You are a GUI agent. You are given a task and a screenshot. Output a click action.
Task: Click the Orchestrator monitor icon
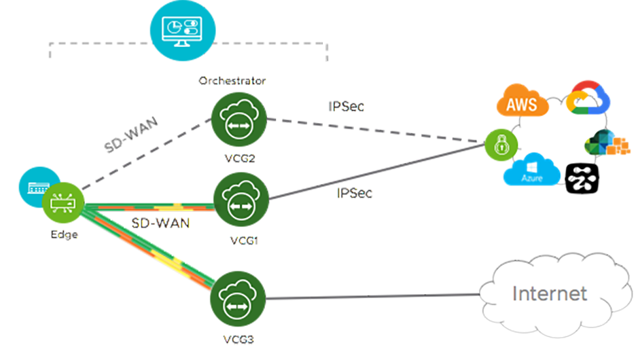[183, 31]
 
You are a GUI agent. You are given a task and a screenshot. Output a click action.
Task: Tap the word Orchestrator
[232, 81]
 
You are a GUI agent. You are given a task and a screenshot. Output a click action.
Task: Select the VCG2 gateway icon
[239, 120]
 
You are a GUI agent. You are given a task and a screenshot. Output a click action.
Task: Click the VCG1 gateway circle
[241, 200]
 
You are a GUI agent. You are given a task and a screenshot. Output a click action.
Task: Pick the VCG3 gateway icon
[238, 299]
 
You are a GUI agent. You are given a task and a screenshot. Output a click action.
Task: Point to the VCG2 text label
[240, 158]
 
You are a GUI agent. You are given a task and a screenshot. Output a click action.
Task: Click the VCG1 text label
[244, 241]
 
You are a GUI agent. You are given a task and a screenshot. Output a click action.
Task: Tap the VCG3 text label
[238, 340]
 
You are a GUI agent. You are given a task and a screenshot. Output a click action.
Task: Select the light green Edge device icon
[63, 202]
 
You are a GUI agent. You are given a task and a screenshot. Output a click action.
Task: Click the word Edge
[64, 235]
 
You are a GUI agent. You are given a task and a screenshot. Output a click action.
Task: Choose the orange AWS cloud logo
[523, 101]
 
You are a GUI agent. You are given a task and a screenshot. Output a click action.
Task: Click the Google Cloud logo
[588, 98]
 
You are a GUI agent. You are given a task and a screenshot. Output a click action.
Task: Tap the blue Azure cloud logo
[532, 170]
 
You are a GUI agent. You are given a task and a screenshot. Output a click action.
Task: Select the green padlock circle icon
[501, 145]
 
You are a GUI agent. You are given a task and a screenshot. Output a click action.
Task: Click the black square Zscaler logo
[582, 179]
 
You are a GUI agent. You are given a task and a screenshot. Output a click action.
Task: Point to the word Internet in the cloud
[550, 293]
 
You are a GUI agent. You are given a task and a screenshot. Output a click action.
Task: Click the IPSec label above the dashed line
[346, 106]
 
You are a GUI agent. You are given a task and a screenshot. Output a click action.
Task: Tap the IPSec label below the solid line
[354, 193]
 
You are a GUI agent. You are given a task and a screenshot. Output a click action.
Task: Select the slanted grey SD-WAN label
[131, 134]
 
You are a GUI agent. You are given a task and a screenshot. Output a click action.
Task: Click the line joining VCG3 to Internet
[373, 297]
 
